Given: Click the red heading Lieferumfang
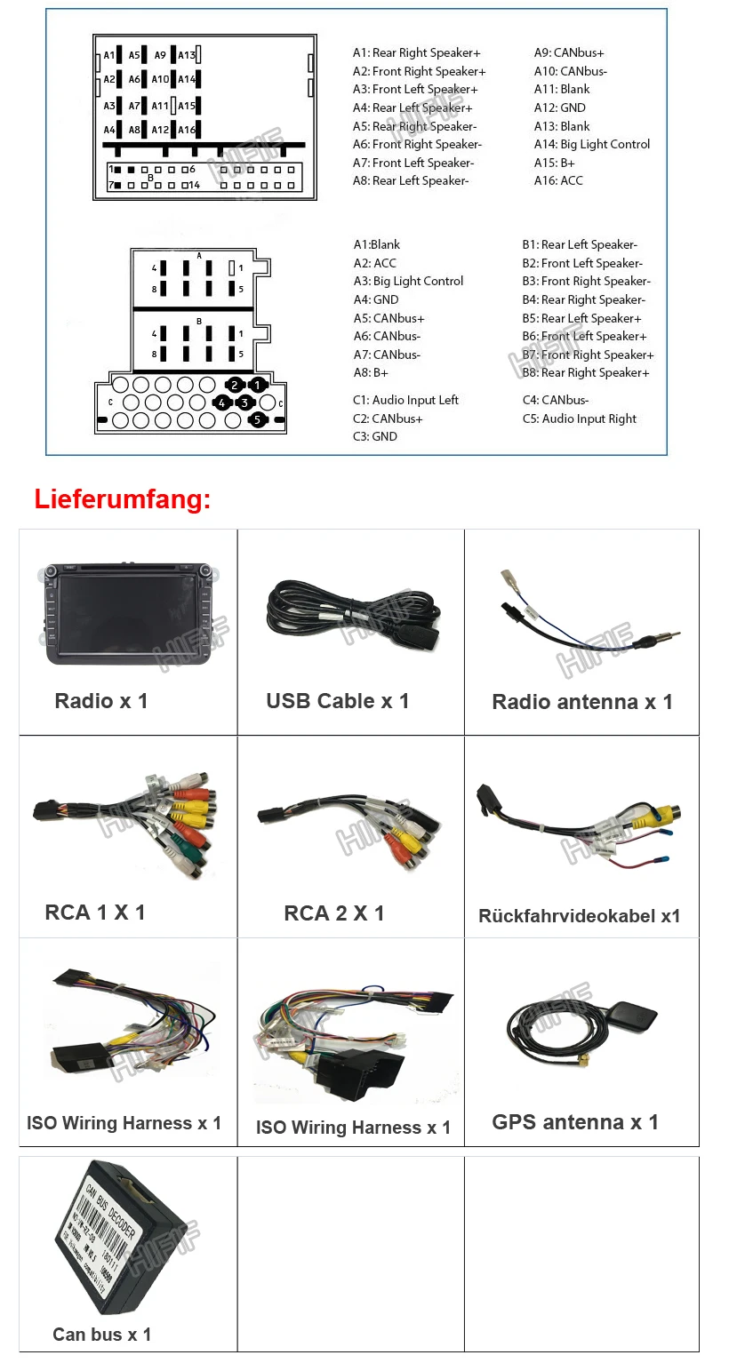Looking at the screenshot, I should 123,499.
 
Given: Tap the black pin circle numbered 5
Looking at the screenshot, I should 257,419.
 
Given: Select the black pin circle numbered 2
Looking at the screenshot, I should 235,385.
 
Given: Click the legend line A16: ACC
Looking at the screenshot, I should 558,181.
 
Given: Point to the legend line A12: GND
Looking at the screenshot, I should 559,108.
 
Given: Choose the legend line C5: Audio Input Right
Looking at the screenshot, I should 580,418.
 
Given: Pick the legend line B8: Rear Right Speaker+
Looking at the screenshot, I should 586,373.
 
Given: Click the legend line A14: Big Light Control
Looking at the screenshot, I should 592,144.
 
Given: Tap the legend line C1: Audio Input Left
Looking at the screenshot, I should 405,400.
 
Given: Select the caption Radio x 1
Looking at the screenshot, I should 101,701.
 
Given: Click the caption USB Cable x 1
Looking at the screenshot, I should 338,701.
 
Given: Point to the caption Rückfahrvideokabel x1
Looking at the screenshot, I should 579,916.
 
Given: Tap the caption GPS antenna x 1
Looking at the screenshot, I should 575,1122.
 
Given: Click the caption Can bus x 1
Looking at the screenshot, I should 102,1335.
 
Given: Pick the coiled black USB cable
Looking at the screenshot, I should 352,612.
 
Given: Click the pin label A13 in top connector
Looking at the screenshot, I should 187,55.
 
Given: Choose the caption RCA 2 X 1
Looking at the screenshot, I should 334,913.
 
